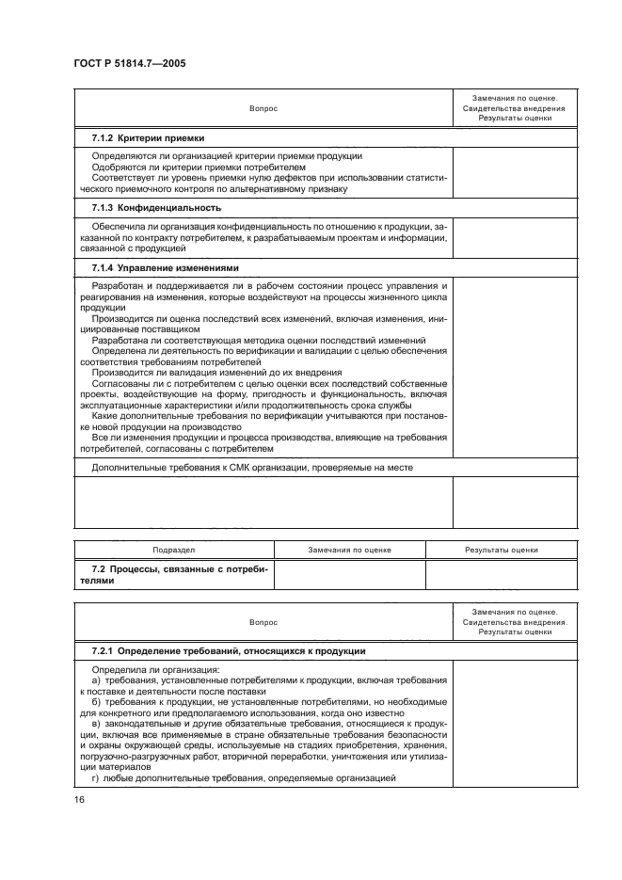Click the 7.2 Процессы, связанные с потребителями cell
(174, 575)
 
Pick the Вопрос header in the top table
(263, 108)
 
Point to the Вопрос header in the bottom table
(263, 622)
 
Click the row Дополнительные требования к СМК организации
(251, 467)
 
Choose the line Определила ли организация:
(143, 670)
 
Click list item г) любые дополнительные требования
(243, 777)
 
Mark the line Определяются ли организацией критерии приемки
(227, 155)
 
